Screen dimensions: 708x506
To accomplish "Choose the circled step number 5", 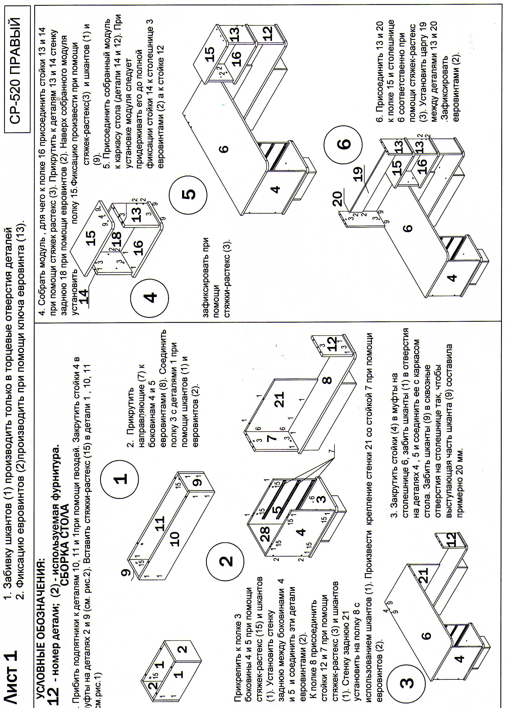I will click(188, 193).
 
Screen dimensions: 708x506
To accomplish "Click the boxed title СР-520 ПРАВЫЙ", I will click(17, 69).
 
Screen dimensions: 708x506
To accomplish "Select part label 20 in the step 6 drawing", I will click(337, 199).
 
